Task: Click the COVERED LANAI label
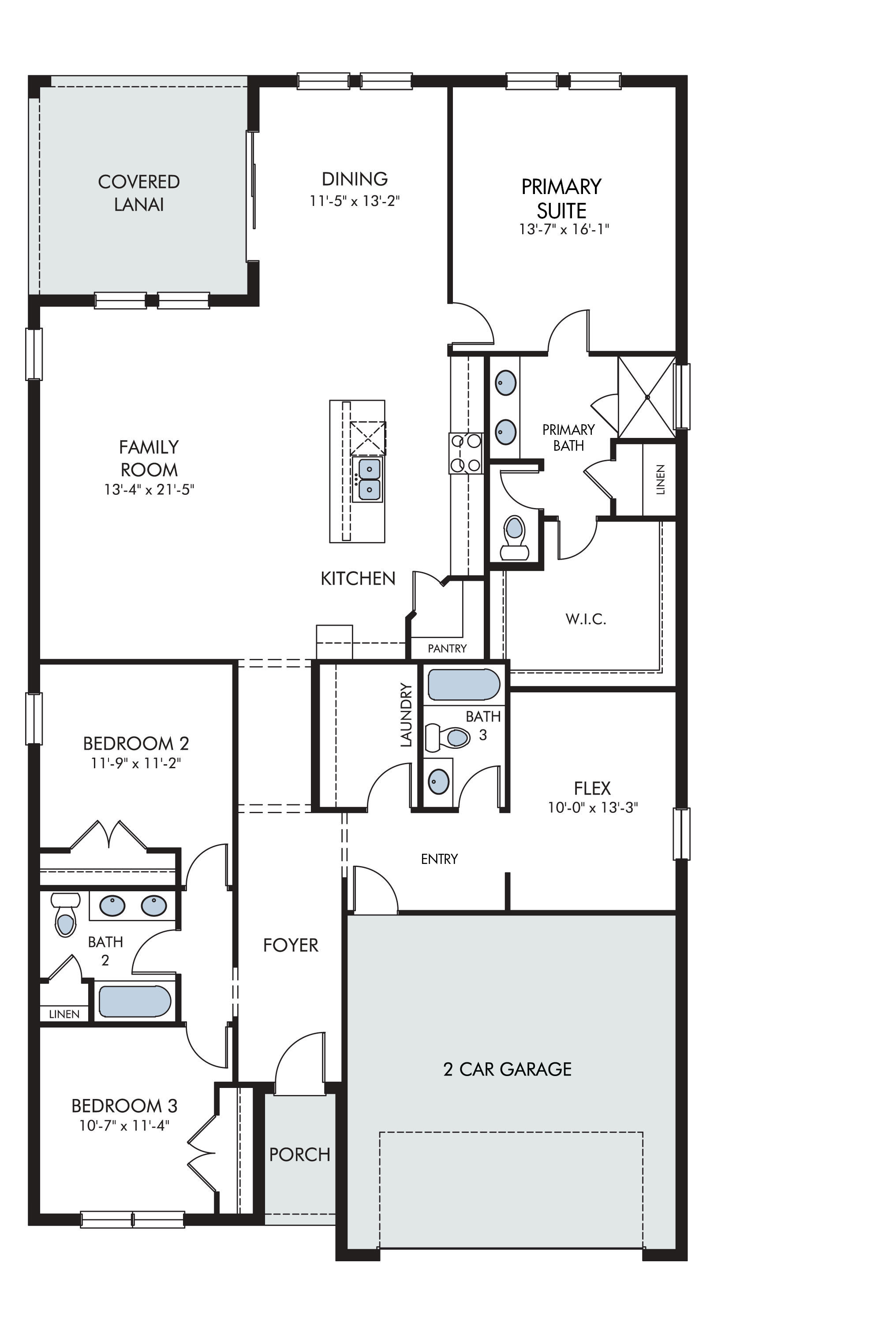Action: click(139, 193)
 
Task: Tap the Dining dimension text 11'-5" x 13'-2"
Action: click(355, 201)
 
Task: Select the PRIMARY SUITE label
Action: click(561, 198)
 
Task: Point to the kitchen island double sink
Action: click(368, 479)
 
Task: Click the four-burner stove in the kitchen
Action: click(466, 453)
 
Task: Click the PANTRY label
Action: click(447, 649)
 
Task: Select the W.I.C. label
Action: click(586, 619)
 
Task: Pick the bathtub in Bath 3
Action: click(463, 684)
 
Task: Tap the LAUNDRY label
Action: click(406, 714)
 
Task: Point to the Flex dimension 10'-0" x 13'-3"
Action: click(593, 808)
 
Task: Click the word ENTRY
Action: click(439, 859)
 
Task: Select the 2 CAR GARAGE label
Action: click(508, 1069)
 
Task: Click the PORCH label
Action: click(300, 1154)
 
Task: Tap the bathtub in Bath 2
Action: click(135, 1001)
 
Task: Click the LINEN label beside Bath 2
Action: click(64, 1014)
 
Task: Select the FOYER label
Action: click(291, 945)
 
